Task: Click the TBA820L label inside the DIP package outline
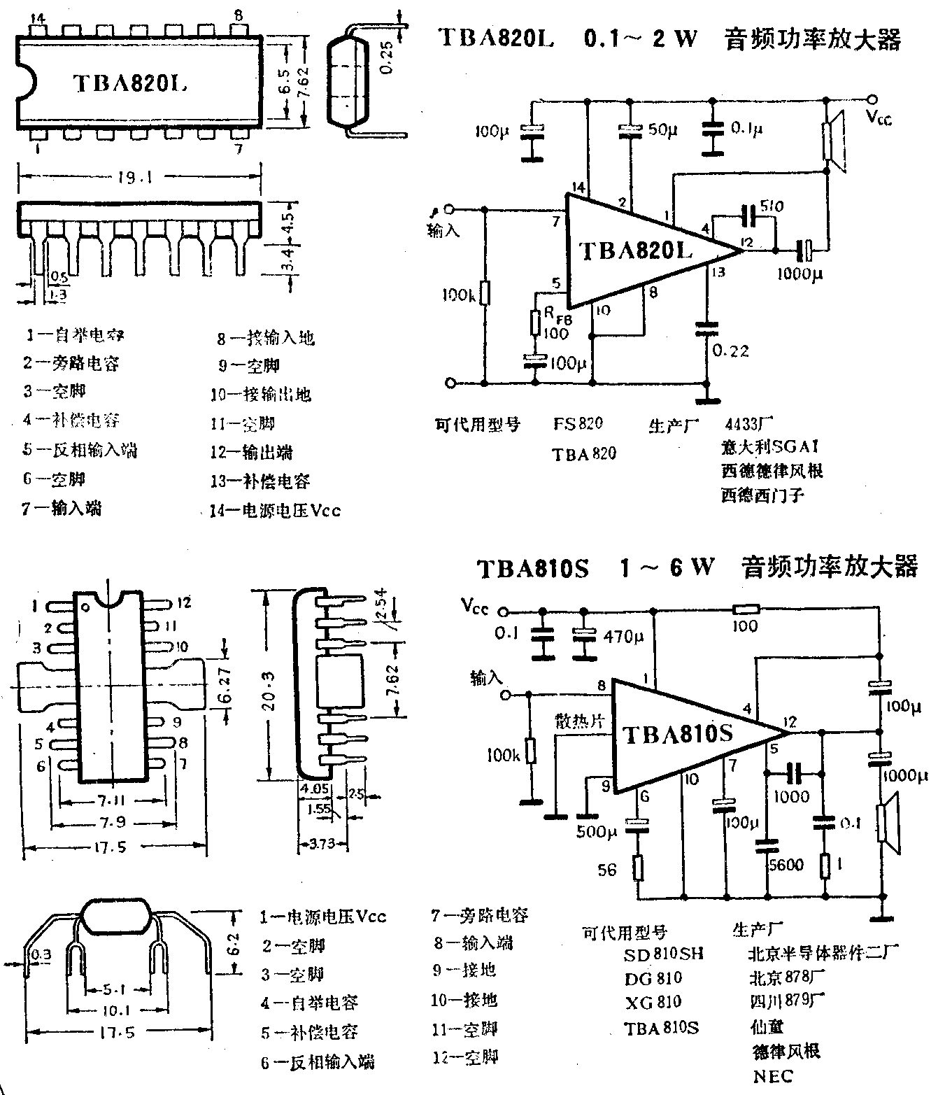click(130, 83)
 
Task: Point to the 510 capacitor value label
click(772, 207)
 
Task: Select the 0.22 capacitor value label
click(731, 350)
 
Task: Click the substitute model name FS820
click(578, 424)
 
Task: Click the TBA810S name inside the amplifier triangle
click(677, 733)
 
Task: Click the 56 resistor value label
click(608, 870)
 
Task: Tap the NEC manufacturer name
click(773, 1075)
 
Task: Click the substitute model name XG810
click(653, 1002)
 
